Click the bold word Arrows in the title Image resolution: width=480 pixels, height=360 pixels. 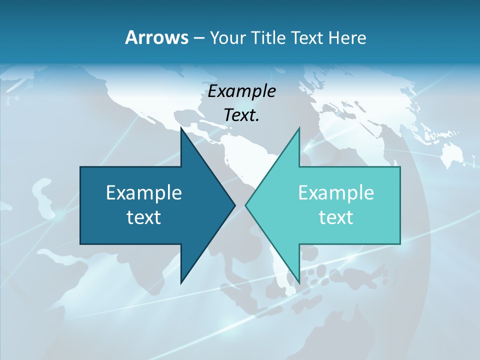point(156,37)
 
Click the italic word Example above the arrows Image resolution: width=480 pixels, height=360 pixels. point(241,91)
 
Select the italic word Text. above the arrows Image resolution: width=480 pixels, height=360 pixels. point(241,115)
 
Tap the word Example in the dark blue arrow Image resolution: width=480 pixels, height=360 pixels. point(144,192)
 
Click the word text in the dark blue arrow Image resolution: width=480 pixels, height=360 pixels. point(144,217)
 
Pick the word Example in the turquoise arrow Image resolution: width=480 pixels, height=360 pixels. point(336,192)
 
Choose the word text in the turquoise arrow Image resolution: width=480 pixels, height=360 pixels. point(336,217)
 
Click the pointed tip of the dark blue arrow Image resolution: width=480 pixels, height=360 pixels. point(235,205)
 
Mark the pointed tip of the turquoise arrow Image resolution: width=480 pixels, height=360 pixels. point(245,205)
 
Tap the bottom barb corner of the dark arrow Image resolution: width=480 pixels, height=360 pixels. point(181,283)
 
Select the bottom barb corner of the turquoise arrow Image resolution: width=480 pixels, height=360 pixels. point(299,283)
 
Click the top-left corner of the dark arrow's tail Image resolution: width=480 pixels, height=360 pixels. point(80,167)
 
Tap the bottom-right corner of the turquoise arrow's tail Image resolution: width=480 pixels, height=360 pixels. point(400,244)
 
